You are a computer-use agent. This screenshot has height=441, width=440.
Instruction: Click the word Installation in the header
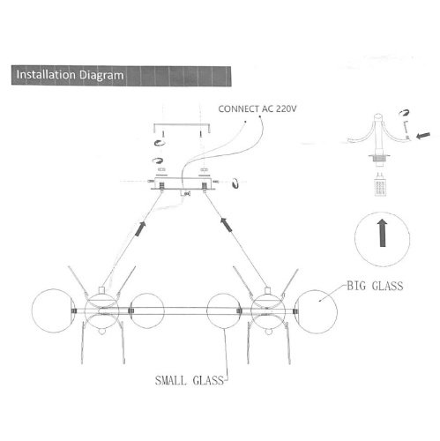tap(46, 75)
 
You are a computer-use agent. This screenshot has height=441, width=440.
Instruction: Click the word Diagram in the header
tap(101, 76)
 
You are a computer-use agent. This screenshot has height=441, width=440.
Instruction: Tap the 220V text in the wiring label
tap(287, 109)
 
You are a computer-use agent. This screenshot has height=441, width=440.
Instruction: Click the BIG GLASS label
tap(375, 286)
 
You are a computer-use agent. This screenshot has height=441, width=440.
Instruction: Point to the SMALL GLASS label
tap(190, 380)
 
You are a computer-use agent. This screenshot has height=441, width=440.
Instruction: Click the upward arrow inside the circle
tap(383, 233)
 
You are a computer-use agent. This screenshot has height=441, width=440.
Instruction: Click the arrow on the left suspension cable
tap(140, 229)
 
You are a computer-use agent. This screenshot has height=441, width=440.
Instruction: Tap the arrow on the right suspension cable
tap(227, 225)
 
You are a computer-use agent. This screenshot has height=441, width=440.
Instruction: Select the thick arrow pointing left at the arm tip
tap(423, 136)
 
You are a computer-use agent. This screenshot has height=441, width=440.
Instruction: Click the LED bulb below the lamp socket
tap(381, 184)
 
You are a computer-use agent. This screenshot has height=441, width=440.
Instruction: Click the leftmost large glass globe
tap(53, 311)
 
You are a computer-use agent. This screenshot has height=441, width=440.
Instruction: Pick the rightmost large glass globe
tap(316, 311)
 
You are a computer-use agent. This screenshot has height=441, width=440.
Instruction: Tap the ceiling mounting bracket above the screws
tap(182, 125)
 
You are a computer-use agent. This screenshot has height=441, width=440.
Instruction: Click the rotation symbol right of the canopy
tap(235, 183)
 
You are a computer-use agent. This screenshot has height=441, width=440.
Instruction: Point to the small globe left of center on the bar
tap(147, 310)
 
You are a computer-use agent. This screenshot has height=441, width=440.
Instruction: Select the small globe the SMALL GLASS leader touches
tap(224, 311)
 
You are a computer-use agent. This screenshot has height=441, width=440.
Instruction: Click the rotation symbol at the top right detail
tap(404, 113)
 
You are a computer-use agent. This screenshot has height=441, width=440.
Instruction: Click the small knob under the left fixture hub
tap(101, 332)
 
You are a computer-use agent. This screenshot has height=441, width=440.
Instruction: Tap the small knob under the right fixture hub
tap(268, 332)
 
